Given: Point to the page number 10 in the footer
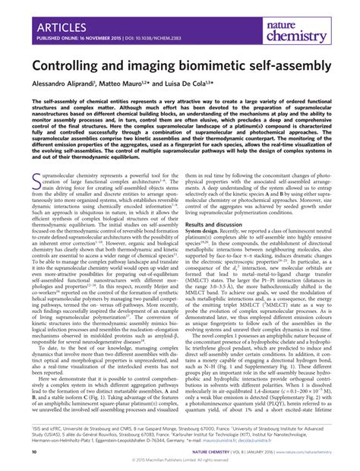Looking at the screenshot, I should click(33, 452).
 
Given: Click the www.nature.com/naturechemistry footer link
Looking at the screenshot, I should click(298, 452).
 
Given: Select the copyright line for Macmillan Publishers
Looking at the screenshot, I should click(180, 461).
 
